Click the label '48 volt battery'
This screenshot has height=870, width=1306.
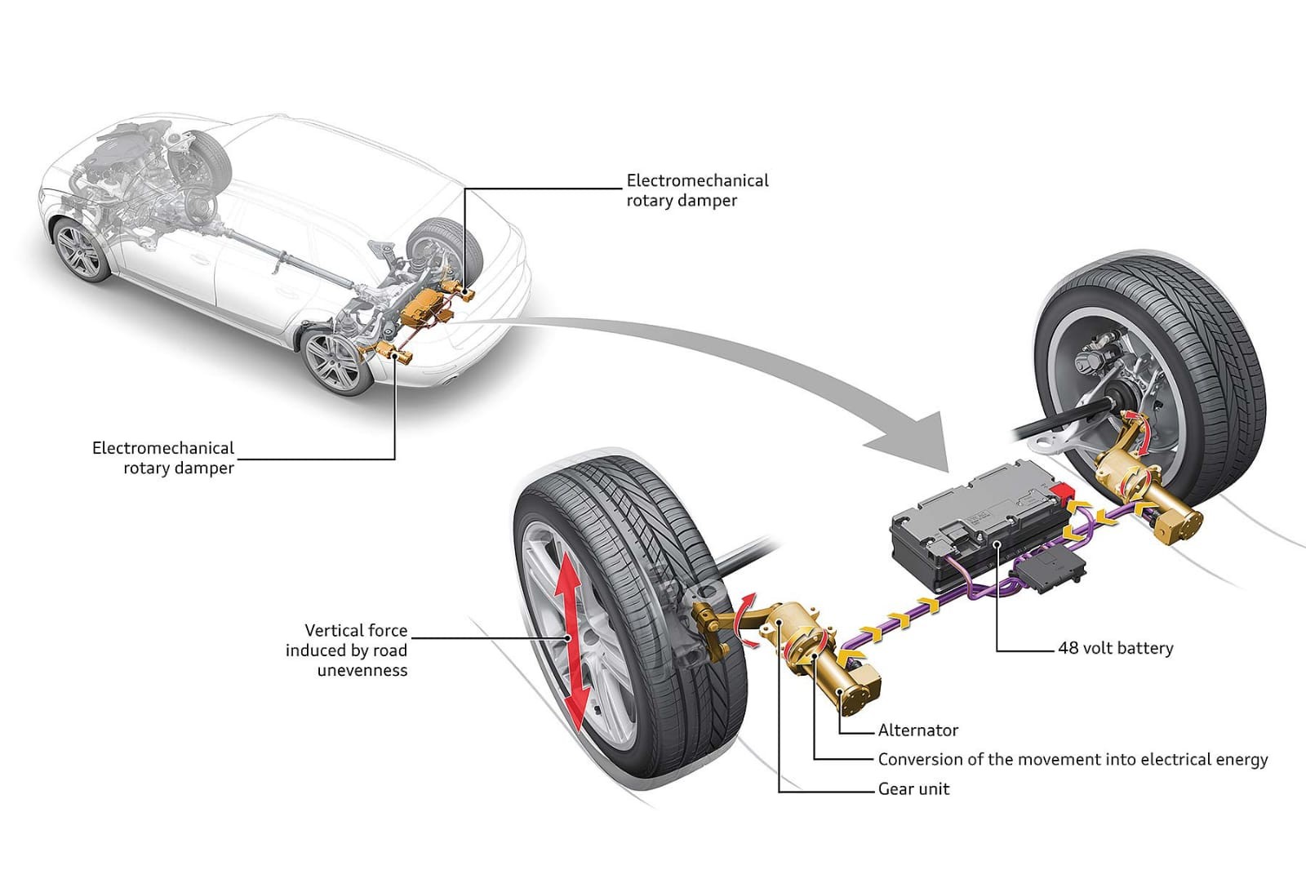tap(1115, 648)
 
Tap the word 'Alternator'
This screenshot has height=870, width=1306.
tap(917, 730)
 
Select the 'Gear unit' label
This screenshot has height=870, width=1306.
tap(913, 789)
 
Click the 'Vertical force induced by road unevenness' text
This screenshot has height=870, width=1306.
tap(347, 650)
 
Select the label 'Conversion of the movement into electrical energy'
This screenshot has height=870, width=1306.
tap(1073, 760)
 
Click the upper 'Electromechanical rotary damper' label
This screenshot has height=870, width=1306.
tap(697, 190)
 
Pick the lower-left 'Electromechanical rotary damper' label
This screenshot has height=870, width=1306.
tap(163, 458)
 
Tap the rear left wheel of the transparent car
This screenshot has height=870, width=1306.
tap(333, 362)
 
